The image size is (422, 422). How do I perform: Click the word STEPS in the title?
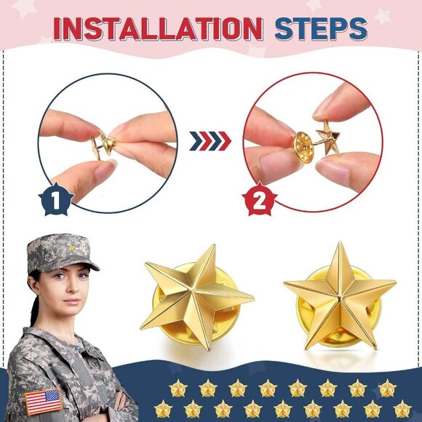(x=321, y=28)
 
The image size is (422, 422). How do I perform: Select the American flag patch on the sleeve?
(x=43, y=401)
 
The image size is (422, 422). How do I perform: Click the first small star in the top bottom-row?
(x=178, y=388)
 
